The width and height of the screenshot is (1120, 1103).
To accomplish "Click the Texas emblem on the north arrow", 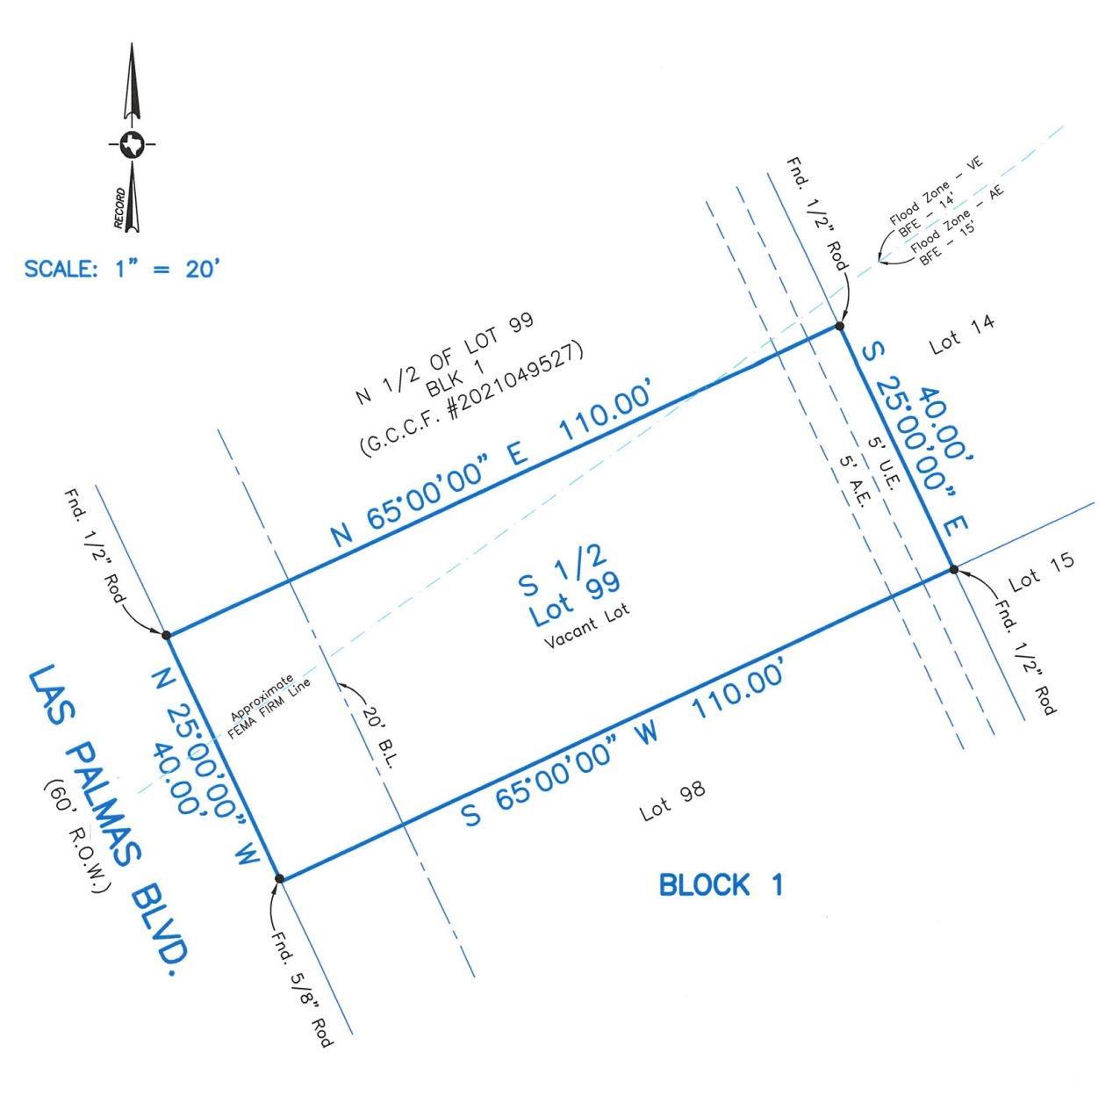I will [x=133, y=144].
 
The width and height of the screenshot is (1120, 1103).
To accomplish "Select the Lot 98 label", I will [x=673, y=800].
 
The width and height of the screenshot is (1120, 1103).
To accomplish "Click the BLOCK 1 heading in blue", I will [x=721, y=885].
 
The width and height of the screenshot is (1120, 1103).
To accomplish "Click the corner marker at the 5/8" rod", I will [x=279, y=877].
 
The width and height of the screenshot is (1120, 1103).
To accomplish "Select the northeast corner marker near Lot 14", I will [x=839, y=327].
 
